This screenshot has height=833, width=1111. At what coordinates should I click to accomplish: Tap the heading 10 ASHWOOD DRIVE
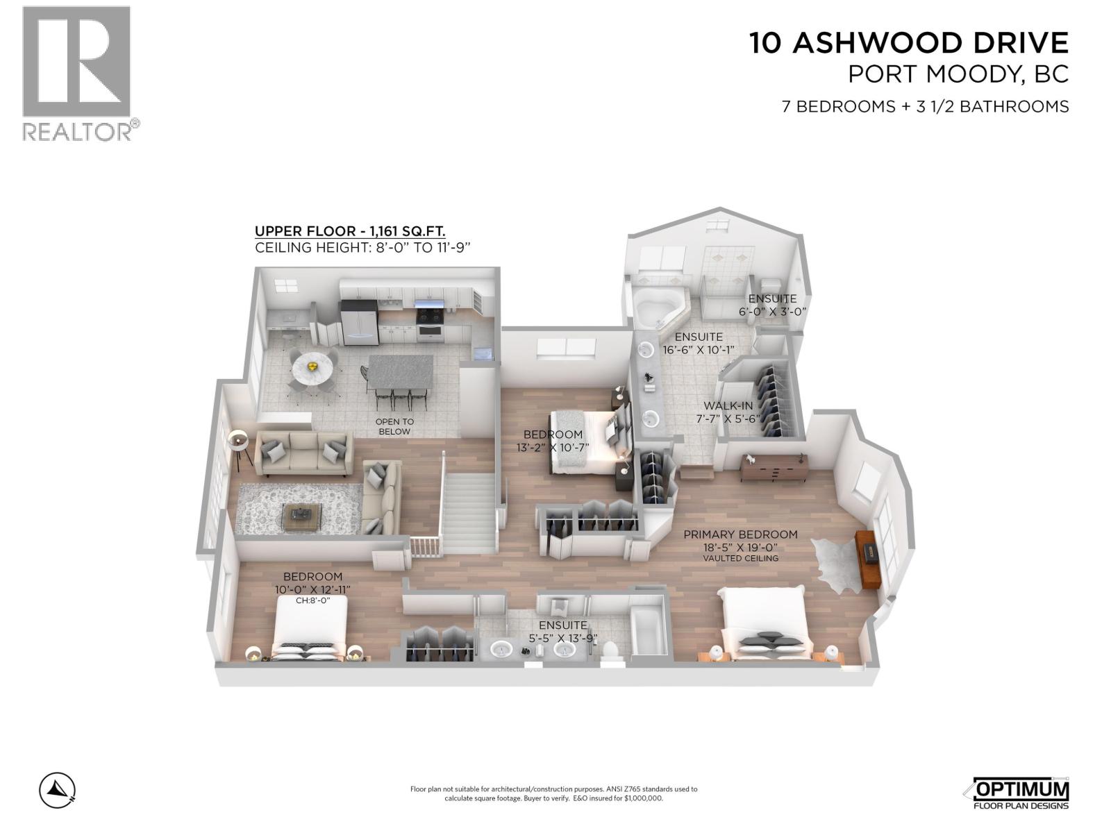908,43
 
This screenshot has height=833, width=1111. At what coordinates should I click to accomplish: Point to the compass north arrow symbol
58,789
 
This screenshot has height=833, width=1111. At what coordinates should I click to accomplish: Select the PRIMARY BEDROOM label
740,535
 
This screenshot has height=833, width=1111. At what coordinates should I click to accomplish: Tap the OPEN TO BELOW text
394,426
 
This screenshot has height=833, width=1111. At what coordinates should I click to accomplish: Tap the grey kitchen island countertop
400,372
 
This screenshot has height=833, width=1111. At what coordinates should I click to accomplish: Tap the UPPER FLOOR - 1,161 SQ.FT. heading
350,232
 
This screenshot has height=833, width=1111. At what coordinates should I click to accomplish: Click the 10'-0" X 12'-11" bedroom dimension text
312,589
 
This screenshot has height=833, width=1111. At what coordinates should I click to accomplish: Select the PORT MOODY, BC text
958,74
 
